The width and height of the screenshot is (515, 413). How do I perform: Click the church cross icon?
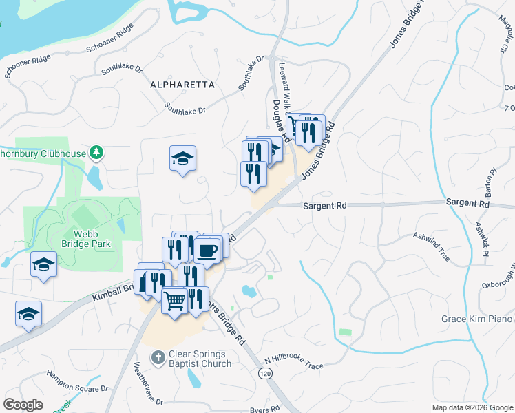point(158,358)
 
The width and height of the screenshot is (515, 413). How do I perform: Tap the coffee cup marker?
point(207,250)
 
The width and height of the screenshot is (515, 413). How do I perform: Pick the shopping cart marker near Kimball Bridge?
point(175,299)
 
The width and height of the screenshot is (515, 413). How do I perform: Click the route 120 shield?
point(264,373)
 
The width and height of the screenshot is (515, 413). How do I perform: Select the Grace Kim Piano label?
point(477,319)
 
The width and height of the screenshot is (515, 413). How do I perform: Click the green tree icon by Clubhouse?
point(98,152)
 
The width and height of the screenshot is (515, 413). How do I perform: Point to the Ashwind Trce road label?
point(432,246)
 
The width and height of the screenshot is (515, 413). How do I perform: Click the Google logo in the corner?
point(23,405)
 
